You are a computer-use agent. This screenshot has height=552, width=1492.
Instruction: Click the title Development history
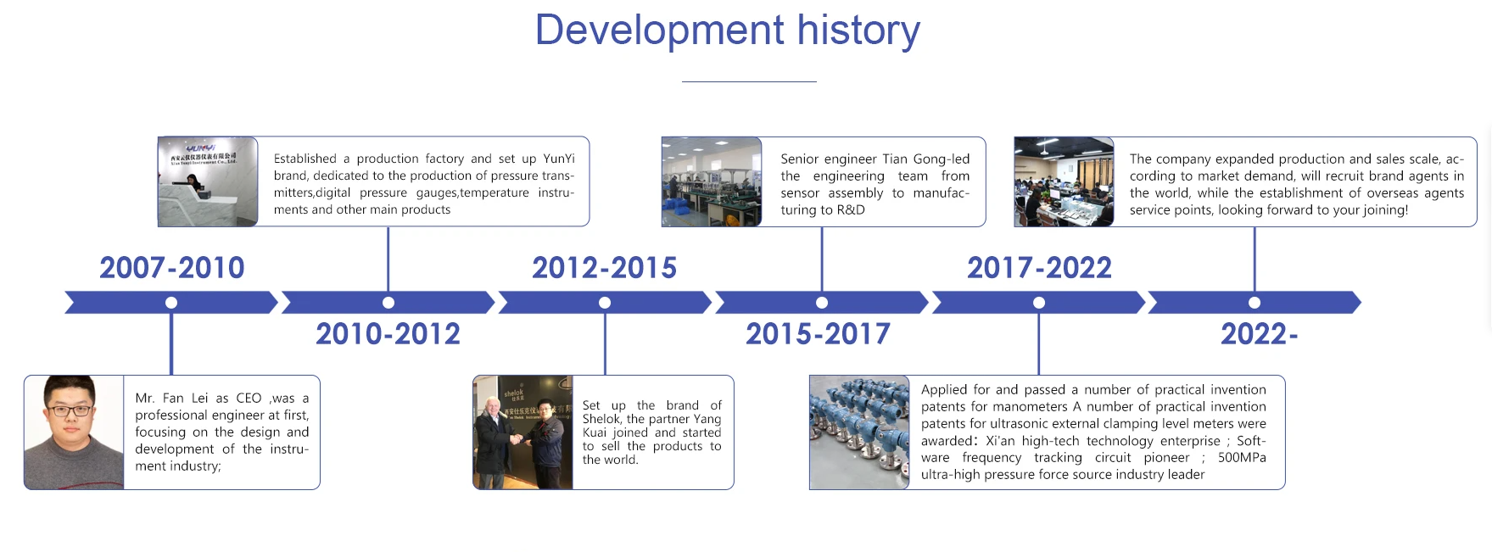tap(727, 31)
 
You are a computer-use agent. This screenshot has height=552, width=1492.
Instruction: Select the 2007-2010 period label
tap(172, 268)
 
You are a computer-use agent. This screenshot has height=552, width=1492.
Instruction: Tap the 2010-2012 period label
tap(388, 334)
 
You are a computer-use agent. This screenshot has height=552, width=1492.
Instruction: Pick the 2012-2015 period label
tap(604, 268)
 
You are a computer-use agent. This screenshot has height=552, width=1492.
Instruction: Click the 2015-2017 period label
tap(818, 334)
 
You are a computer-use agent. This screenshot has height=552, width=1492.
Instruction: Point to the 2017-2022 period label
tap(1039, 268)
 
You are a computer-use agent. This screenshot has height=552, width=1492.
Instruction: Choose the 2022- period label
tap(1259, 334)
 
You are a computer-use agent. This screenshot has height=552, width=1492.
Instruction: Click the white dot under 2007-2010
tap(171, 303)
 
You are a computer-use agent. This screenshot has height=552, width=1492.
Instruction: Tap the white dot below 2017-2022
tap(1038, 303)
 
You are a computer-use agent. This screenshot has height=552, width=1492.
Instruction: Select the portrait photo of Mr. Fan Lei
tap(74, 432)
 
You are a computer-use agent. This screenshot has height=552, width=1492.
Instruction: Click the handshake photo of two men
tap(522, 432)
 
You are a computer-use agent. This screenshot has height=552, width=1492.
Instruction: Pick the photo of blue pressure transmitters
tap(859, 432)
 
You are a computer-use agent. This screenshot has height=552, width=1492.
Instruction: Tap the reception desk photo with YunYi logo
tap(208, 181)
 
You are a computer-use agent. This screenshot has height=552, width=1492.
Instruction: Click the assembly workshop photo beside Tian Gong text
tap(712, 181)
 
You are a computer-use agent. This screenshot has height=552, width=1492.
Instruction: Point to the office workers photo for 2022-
tap(1064, 181)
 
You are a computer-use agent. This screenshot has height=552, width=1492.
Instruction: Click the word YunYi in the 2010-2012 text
tap(558, 159)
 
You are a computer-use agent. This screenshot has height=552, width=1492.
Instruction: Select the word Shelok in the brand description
tap(601, 419)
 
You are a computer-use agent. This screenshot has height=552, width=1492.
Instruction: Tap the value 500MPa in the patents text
tap(1241, 458)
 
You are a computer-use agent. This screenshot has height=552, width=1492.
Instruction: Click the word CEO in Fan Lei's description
tap(249, 399)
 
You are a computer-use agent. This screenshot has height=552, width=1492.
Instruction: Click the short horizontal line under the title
tap(749, 81)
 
